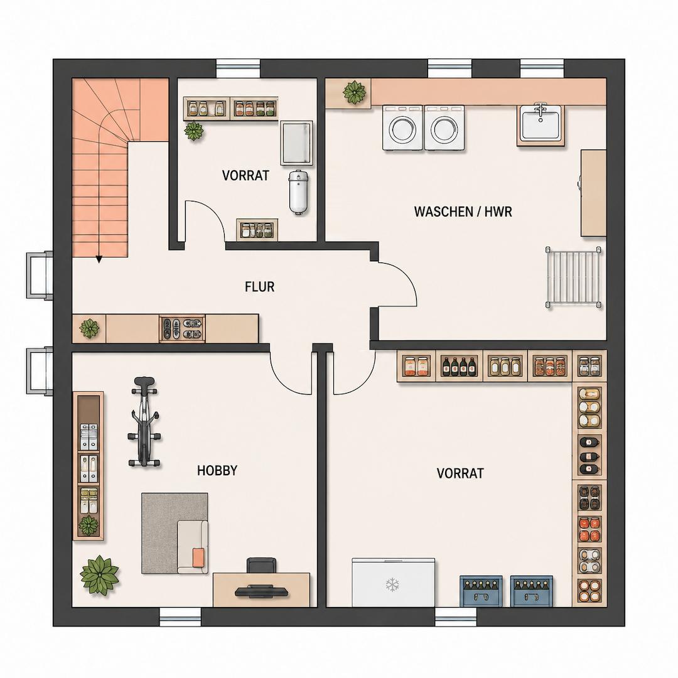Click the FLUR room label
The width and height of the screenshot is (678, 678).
pyautogui.click(x=259, y=287)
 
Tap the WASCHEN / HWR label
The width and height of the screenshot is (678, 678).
pyautogui.click(x=463, y=212)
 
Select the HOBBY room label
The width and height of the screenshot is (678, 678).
pyautogui.click(x=217, y=470)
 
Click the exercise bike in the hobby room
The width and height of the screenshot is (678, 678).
pyautogui.click(x=144, y=422)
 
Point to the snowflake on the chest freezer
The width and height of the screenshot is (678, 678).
pyautogui.click(x=392, y=584)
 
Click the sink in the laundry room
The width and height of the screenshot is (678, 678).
pyautogui.click(x=541, y=123)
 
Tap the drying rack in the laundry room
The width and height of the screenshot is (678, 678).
pyautogui.click(x=574, y=277)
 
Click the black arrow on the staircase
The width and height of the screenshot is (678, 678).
pyautogui.click(x=99, y=259)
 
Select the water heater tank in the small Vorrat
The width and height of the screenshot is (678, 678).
pyautogui.click(x=298, y=192)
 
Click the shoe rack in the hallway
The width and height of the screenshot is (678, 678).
pyautogui.click(x=182, y=328)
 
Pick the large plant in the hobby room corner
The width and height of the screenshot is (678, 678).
pyautogui.click(x=99, y=574)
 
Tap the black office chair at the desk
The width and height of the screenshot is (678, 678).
pyautogui.click(x=261, y=565)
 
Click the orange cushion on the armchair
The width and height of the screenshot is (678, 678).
pyautogui.click(x=198, y=557)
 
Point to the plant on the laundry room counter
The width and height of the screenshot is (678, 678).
pyautogui.click(x=355, y=92)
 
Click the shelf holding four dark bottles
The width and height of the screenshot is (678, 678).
pyautogui.click(x=459, y=367)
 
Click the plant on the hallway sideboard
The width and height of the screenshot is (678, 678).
pyautogui.click(x=89, y=328)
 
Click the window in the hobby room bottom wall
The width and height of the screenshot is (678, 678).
pyautogui.click(x=180, y=617)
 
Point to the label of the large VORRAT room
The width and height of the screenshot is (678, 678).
pyautogui.click(x=460, y=473)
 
